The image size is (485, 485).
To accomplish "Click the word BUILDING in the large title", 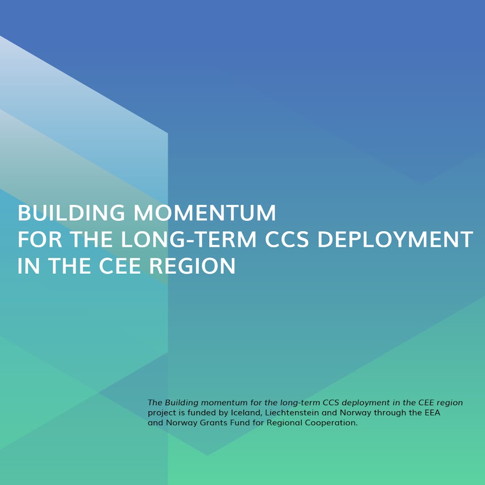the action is tap(71, 213).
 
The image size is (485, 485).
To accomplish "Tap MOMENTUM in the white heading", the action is tap(204, 213).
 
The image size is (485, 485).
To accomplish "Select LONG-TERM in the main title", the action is tap(189, 239).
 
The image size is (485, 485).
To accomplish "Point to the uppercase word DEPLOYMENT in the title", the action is tap(396, 239).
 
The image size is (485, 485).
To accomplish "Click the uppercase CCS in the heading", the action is tap(287, 239).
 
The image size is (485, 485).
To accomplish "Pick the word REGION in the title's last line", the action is tap(192, 266).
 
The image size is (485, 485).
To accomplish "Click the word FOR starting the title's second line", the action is tap(39, 239).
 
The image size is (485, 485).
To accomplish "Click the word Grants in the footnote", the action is tap(210, 422).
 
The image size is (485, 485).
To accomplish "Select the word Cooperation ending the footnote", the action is tap(331, 423).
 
